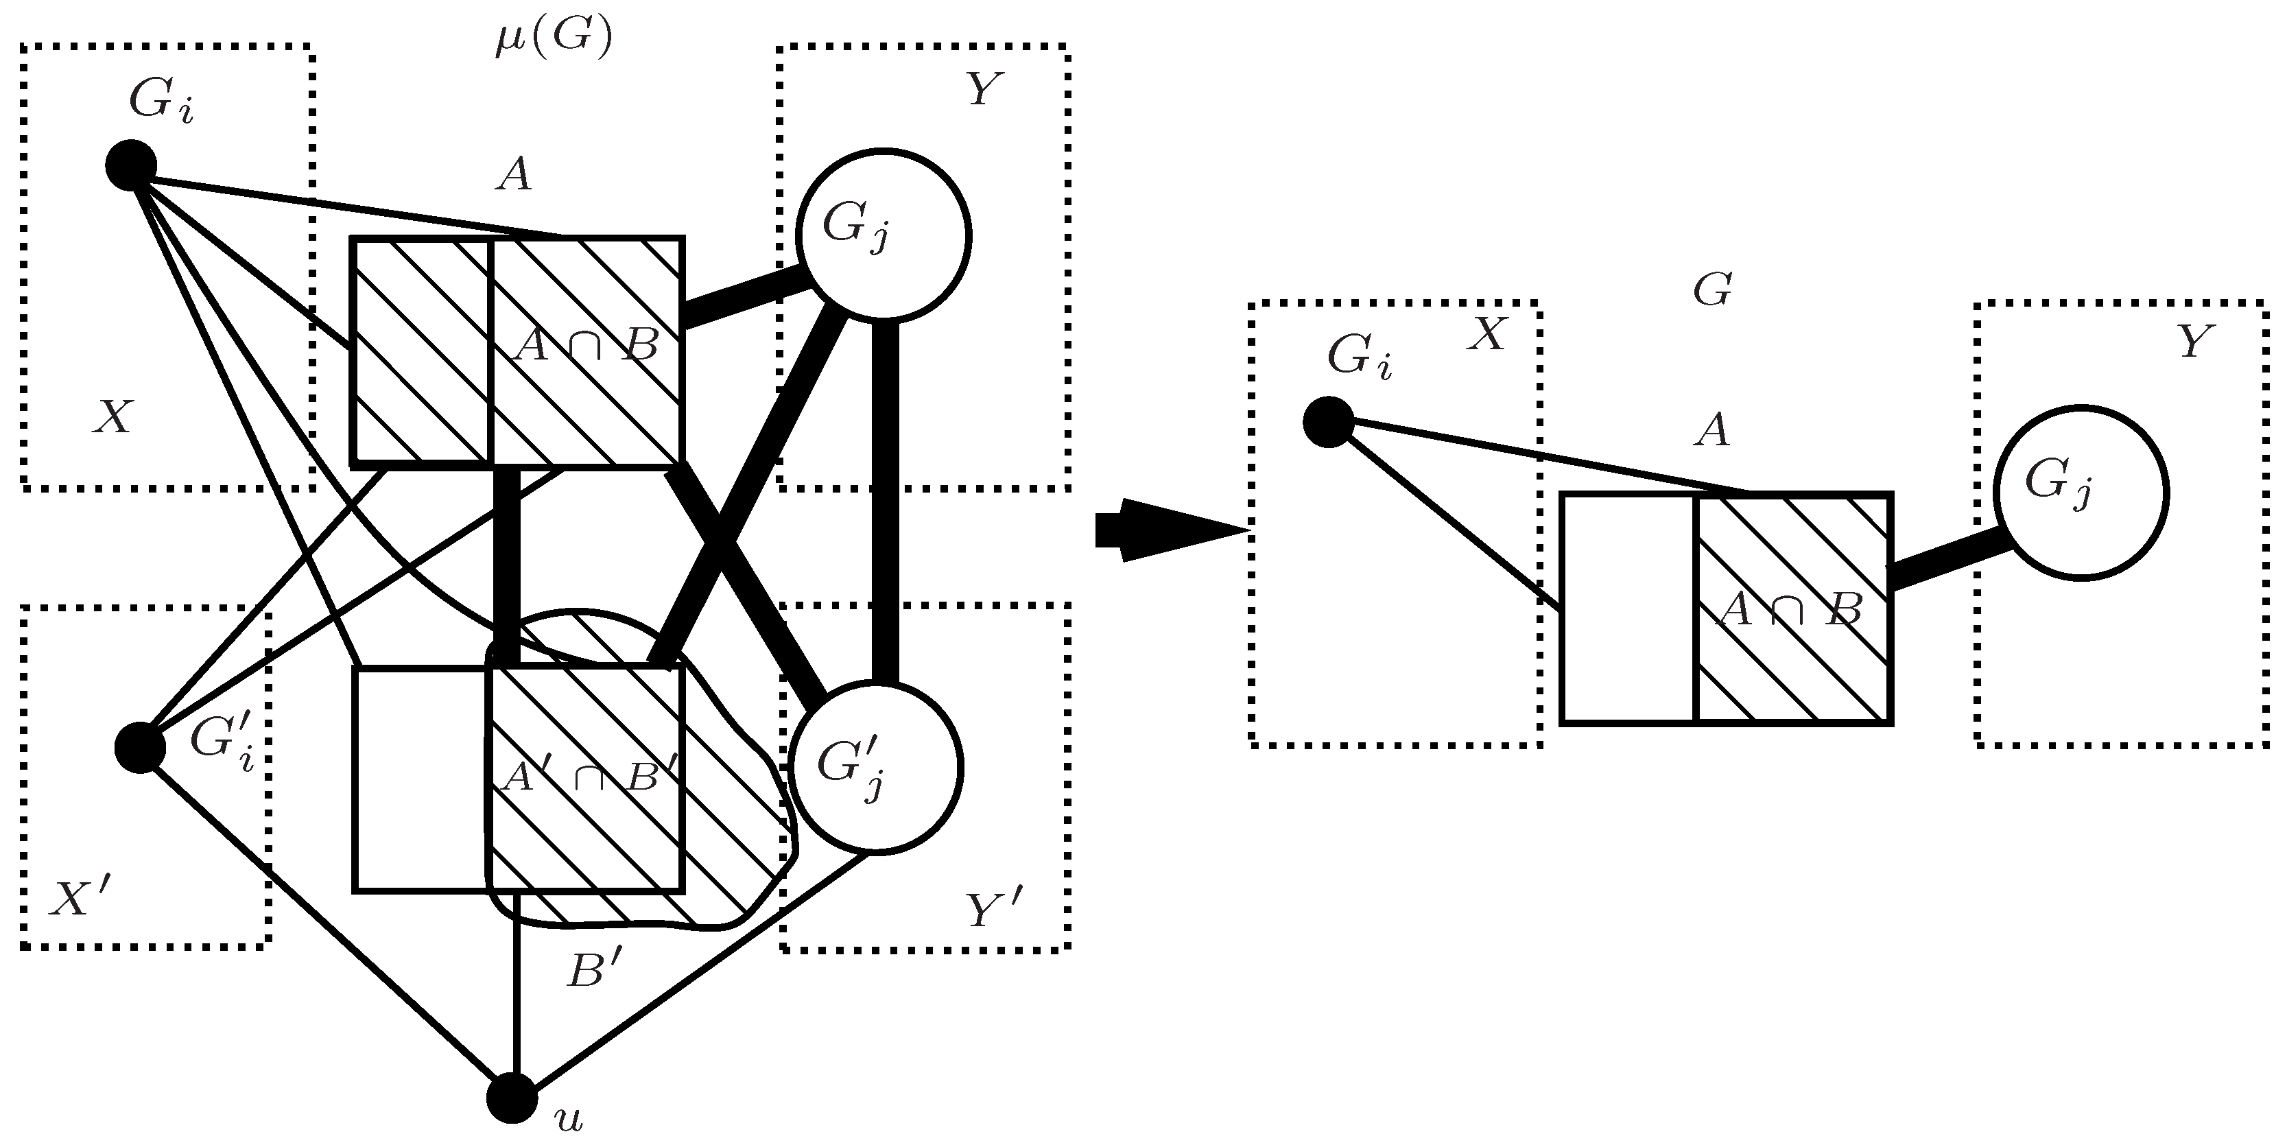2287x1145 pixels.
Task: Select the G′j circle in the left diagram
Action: pos(875,768)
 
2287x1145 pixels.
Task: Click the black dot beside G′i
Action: pos(140,747)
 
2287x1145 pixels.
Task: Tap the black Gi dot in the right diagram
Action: pos(1329,423)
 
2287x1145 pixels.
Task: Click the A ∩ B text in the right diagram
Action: pos(1788,611)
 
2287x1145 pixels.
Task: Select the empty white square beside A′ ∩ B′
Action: pos(420,779)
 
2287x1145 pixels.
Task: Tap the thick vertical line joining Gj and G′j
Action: pos(884,501)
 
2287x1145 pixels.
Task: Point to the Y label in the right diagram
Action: pos(2196,342)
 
